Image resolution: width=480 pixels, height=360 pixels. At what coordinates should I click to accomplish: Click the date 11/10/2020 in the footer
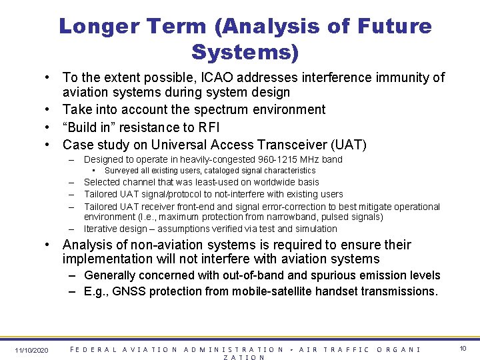pos(31,350)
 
